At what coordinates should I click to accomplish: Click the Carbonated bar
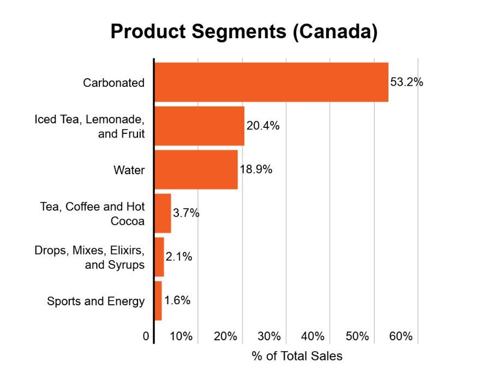pos(271,82)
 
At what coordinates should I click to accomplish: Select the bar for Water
pos(196,169)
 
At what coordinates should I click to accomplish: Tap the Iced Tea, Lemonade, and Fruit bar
pos(200,126)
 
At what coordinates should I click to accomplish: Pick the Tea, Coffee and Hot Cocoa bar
pos(163,213)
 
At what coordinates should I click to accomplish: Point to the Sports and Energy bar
pos(158,300)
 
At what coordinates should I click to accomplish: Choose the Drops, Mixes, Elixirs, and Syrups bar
pos(159,257)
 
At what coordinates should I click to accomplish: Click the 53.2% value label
pos(407,82)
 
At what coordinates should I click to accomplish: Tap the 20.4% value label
pos(263,126)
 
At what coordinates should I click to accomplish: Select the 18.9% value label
pos(255,169)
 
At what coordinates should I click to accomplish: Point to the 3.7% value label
pos(186,213)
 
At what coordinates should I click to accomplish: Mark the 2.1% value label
pos(179,257)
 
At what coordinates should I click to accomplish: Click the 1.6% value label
pos(177,300)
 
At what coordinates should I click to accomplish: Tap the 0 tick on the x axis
pos(146,336)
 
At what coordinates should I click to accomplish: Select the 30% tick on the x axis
pos(270,336)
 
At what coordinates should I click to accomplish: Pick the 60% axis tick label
pos(401,336)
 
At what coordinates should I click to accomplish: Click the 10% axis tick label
pos(181,336)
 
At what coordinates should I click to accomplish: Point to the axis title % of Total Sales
pos(297,356)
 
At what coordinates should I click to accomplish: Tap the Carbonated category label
pos(113,83)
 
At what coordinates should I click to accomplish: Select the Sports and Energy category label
pos(96,301)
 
